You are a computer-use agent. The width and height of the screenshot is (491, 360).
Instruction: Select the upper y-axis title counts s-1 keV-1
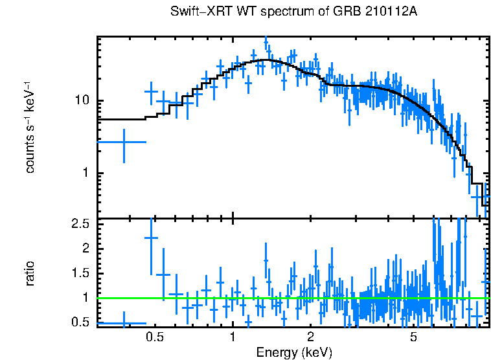(x=30, y=127)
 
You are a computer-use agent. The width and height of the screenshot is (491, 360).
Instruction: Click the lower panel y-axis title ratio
(x=30, y=273)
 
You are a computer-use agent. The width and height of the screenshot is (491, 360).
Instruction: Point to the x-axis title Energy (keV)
(x=293, y=352)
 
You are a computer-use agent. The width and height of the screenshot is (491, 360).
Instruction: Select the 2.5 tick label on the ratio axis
(x=81, y=224)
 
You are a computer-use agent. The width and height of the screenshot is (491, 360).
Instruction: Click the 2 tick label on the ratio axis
(x=87, y=249)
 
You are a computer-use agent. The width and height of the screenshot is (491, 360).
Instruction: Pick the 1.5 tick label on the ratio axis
(x=81, y=273)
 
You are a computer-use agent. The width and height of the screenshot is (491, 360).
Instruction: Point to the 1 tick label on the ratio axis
(x=87, y=298)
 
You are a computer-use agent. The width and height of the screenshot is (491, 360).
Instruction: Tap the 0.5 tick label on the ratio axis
(x=81, y=322)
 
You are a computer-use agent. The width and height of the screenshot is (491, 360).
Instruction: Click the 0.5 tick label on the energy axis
(x=154, y=337)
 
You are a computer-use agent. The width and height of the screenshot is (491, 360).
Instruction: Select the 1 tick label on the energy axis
(x=233, y=337)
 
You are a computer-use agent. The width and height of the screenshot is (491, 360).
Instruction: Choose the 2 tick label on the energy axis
(x=311, y=337)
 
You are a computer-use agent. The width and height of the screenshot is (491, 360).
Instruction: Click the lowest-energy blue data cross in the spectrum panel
(x=123, y=142)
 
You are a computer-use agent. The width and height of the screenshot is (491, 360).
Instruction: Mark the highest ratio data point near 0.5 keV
(x=151, y=238)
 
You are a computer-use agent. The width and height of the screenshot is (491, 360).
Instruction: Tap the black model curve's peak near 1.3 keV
(x=265, y=60)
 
